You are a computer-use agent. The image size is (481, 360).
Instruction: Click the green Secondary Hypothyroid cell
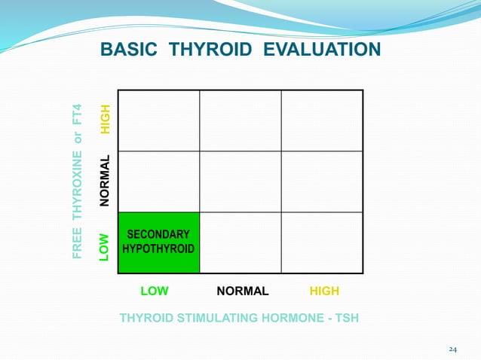click(x=159, y=242)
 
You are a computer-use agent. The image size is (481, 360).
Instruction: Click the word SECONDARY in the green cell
click(x=158, y=234)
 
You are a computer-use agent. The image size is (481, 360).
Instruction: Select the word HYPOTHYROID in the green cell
click(x=159, y=249)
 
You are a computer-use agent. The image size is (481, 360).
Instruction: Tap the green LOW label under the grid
click(x=155, y=291)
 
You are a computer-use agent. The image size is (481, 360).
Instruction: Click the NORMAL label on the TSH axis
click(x=242, y=291)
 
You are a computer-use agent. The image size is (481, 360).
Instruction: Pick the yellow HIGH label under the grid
click(x=325, y=291)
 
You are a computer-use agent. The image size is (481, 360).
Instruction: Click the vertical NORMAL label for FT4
click(x=106, y=180)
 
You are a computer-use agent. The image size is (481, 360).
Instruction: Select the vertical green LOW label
click(x=106, y=246)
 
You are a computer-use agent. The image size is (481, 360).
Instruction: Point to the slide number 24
click(x=452, y=349)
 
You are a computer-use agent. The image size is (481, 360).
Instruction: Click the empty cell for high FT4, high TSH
click(x=322, y=121)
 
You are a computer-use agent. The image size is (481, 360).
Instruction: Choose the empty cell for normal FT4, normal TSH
click(x=240, y=181)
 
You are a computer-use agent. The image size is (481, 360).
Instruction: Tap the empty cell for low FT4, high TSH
click(x=322, y=242)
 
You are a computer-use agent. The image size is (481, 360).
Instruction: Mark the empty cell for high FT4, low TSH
click(x=159, y=121)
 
